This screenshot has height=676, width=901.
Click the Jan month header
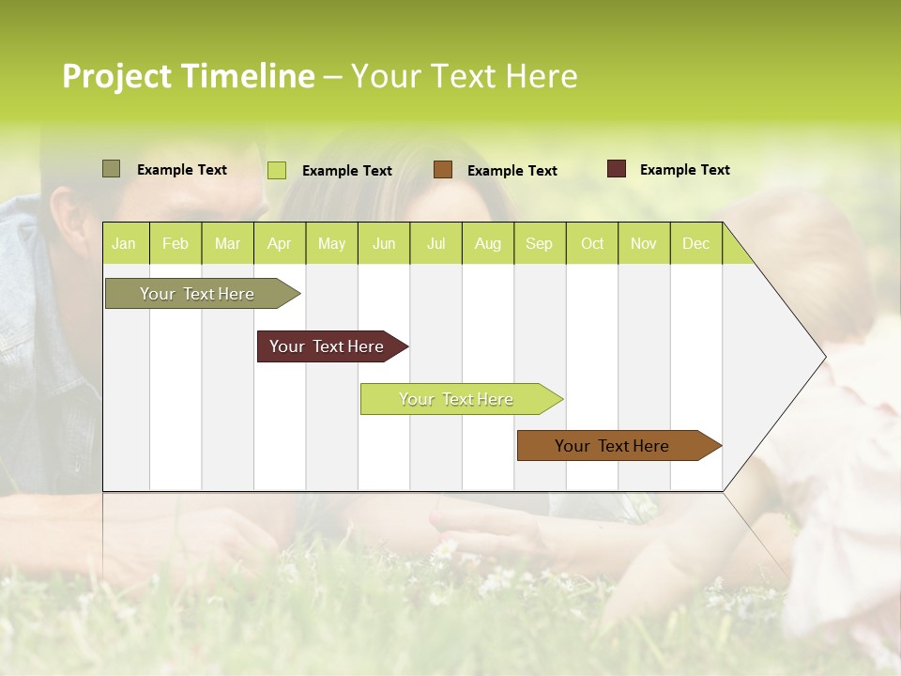(125, 243)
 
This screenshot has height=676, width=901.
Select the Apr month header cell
(280, 243)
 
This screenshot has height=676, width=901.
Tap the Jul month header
(435, 243)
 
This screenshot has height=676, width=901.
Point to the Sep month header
(539, 243)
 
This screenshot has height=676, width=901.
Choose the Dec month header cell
(695, 243)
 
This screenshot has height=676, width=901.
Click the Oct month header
(591, 243)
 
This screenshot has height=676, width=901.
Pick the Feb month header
(176, 243)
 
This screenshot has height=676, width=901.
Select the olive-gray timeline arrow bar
(197, 294)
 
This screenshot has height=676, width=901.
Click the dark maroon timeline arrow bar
(327, 346)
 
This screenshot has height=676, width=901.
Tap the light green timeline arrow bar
(456, 399)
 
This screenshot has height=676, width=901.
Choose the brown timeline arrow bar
(612, 446)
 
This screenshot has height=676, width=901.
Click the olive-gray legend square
(111, 169)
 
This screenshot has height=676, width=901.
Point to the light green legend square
(277, 170)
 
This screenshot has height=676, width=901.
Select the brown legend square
(443, 169)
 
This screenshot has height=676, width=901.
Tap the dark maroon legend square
(617, 169)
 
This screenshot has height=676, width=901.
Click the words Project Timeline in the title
(188, 76)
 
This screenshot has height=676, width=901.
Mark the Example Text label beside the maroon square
(684, 170)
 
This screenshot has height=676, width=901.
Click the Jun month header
(384, 243)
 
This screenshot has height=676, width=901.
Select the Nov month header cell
(644, 243)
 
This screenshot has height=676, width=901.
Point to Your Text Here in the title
(464, 76)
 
